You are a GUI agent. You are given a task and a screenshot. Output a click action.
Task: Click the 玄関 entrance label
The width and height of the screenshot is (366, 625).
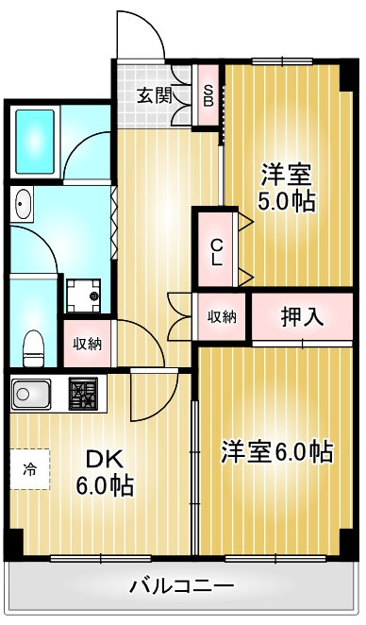[x=155, y=96]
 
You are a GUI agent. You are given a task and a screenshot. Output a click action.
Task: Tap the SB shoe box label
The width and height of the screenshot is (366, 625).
[x=208, y=95]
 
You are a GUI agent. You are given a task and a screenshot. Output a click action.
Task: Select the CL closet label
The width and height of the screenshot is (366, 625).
[x=216, y=251]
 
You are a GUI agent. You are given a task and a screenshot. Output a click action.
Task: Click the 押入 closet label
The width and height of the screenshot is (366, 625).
[x=302, y=317]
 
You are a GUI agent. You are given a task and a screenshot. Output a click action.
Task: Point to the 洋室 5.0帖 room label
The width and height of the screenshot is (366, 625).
[x=287, y=187]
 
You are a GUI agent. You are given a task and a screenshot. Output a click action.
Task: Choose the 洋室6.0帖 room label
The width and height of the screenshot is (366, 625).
[x=277, y=451]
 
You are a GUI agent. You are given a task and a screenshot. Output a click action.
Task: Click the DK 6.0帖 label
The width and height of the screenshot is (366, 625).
[x=105, y=473]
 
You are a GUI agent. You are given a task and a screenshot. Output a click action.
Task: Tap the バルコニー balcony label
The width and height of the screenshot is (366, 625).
[x=181, y=586]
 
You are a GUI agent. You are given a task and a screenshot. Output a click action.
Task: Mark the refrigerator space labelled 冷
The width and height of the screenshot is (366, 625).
[x=29, y=469]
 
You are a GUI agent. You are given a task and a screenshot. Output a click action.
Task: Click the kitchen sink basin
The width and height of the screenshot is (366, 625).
[x=31, y=395]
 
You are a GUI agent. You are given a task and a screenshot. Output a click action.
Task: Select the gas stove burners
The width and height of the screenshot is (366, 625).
[x=83, y=394]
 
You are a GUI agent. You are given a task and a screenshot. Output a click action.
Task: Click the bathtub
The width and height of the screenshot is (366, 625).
[x=35, y=143]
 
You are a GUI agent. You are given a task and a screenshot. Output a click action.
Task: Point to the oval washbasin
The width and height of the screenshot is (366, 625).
[x=23, y=203]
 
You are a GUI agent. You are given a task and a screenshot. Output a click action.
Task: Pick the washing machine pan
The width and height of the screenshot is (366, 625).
[x=84, y=296]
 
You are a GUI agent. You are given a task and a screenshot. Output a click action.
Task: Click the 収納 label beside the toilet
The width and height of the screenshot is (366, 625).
[x=87, y=344]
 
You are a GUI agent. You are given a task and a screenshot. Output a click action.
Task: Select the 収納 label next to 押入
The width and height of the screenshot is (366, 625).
[x=222, y=317]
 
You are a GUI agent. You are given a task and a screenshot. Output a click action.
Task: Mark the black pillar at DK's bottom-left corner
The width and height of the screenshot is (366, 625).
[x=13, y=544]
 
